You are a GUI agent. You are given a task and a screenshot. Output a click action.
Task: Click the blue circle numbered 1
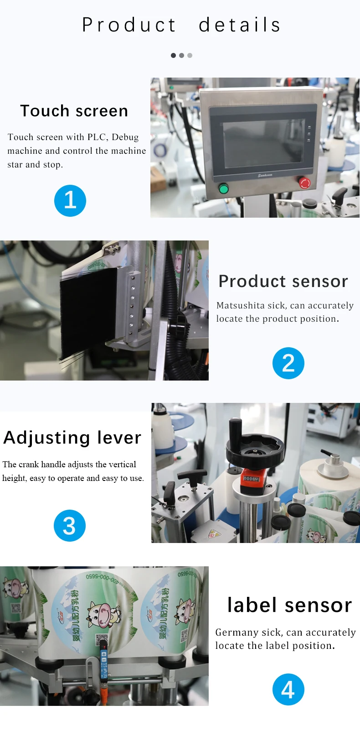tap(70, 201)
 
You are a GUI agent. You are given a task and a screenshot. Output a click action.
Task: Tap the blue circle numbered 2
tap(288, 363)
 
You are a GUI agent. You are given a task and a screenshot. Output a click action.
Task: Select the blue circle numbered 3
tap(70, 526)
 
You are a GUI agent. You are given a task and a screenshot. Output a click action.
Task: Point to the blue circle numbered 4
tap(288, 689)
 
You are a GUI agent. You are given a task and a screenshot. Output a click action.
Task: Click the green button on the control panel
tap(223, 188)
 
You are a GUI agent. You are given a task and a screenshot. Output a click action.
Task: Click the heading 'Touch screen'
tap(74, 111)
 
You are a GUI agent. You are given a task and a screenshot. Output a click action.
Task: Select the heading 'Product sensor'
tap(283, 281)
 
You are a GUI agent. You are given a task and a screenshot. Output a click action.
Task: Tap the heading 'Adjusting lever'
tap(72, 438)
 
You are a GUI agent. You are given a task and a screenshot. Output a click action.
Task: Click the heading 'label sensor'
tap(289, 605)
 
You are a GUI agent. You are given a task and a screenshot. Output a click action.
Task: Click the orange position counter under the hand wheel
tap(251, 479)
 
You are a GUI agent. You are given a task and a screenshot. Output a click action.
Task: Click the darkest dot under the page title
tap(173, 56)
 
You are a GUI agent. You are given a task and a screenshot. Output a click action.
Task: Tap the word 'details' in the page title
tap(240, 25)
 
